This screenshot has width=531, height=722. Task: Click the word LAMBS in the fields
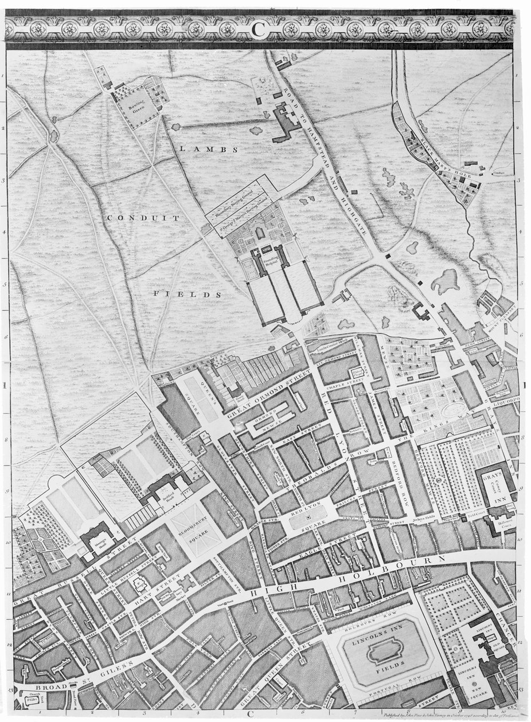tap(200, 149)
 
